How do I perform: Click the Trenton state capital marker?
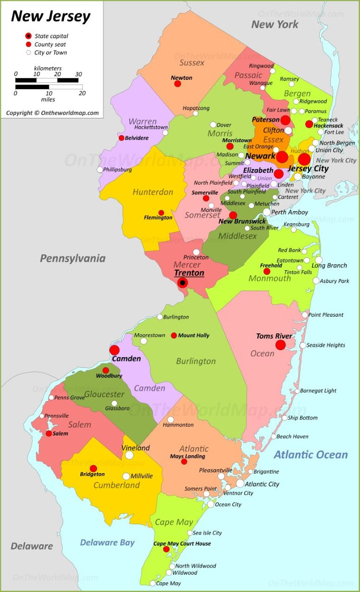(183, 283)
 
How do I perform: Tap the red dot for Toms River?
(280, 345)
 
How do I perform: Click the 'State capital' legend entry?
(51, 36)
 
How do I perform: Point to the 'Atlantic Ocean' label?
(310, 455)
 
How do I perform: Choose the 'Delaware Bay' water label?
(107, 542)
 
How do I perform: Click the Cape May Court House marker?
(166, 549)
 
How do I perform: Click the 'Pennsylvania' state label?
(72, 259)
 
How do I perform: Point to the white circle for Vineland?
(129, 455)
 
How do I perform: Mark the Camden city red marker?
(114, 350)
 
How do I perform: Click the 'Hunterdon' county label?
(153, 192)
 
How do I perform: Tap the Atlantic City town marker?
(240, 483)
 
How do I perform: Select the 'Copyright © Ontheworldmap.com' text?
(52, 113)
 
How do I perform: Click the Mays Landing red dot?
(184, 462)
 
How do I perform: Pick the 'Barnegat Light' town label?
(318, 390)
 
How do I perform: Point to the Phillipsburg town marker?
(100, 169)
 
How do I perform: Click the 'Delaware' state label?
(32, 546)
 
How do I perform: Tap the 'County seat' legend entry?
(50, 45)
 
